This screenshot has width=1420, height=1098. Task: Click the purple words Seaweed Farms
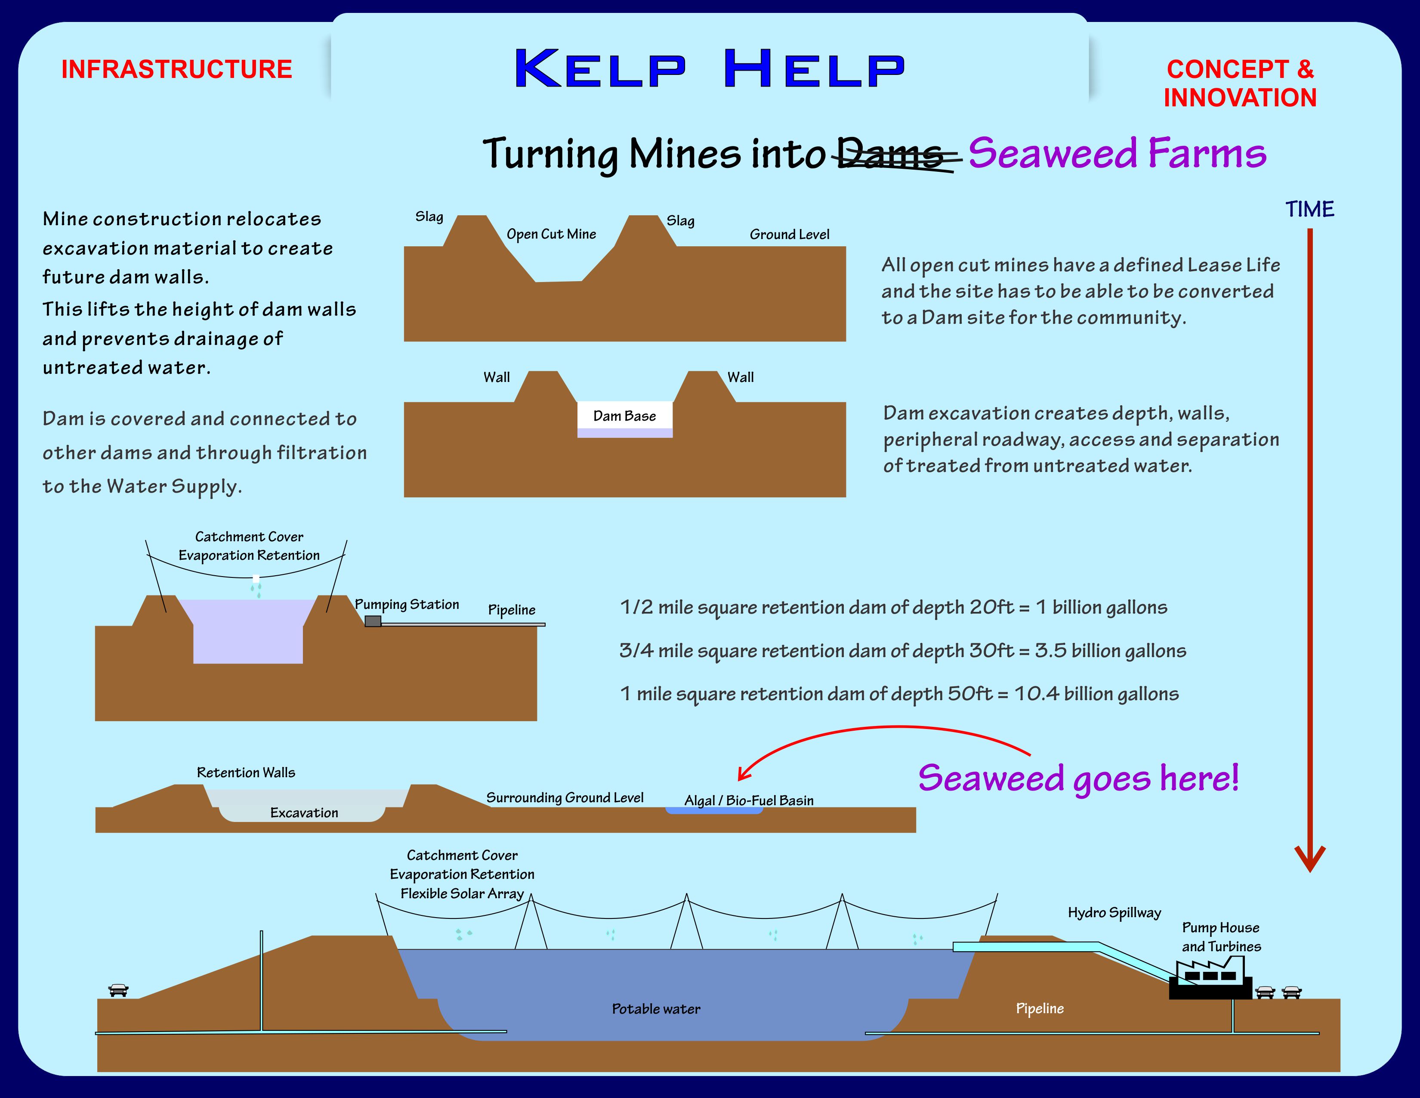click(1116, 154)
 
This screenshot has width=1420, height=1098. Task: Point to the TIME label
click(1309, 209)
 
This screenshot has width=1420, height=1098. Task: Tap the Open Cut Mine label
click(551, 234)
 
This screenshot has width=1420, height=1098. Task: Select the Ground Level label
click(789, 235)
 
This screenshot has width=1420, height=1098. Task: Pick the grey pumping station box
click(373, 621)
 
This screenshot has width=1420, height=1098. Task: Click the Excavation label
click(304, 813)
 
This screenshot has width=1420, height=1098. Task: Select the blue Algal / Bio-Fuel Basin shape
click(713, 810)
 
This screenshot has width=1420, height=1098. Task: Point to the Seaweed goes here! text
click(1078, 778)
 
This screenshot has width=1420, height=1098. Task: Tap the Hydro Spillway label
click(1114, 912)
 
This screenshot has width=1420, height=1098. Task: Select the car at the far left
click(118, 989)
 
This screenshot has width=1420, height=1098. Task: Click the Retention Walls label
click(246, 773)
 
